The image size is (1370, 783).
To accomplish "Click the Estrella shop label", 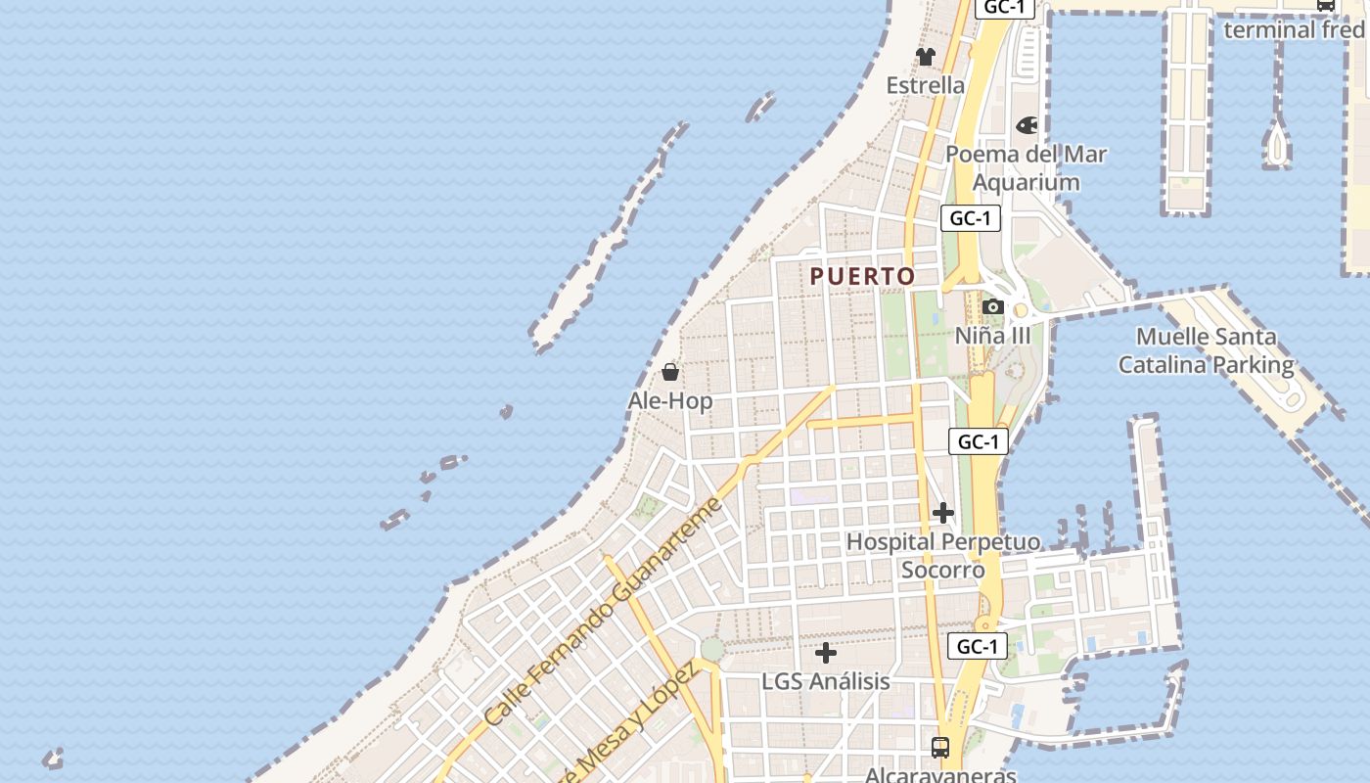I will [925, 85].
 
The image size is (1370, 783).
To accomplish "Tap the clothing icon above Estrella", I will [926, 57].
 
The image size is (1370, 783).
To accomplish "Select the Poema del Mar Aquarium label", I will [1026, 168].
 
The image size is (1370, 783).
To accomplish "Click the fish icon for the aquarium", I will [1027, 125].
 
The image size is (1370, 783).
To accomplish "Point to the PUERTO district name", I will [862, 277].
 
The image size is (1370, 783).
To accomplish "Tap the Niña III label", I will [992, 336].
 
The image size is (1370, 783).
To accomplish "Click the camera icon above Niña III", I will [993, 307].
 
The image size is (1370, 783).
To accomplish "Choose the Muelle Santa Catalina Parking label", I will [1206, 351].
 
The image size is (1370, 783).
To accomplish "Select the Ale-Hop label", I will [670, 401].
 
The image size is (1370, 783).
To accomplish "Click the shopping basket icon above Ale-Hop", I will [670, 372].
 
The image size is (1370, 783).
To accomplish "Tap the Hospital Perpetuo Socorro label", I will [943, 555].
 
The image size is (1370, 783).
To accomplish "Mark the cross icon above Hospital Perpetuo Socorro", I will [943, 513].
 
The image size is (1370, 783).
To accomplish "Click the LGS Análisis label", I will [826, 681].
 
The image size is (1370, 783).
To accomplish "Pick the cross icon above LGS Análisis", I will [826, 653].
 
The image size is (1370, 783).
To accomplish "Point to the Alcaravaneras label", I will [940, 775].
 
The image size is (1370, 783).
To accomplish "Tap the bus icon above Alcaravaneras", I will [940, 748].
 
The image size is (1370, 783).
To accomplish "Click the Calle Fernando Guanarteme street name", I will [603, 613].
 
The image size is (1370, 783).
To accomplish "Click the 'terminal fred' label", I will [1294, 29].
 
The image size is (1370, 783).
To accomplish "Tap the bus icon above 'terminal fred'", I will [1326, 5].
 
